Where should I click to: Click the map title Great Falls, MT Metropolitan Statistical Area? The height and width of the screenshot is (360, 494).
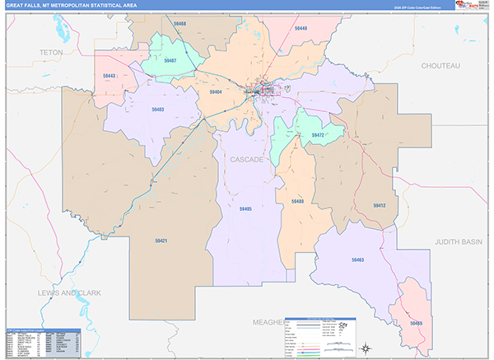(x=73, y=6)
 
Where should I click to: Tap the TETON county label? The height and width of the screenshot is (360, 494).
(x=50, y=52)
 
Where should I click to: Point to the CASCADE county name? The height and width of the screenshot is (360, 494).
(x=247, y=159)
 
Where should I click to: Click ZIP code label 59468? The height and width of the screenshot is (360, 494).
(x=179, y=25)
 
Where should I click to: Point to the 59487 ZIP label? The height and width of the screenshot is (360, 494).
(x=170, y=60)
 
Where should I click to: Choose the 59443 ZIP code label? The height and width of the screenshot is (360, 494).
(x=109, y=76)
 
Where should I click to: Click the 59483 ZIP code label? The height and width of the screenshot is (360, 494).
(x=157, y=110)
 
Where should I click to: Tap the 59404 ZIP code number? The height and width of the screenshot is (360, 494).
(x=215, y=92)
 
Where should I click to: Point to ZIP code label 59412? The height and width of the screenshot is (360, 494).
(x=379, y=205)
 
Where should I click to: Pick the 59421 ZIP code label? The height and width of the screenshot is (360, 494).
(x=161, y=241)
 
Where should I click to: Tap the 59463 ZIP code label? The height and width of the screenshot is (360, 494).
(x=357, y=260)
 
